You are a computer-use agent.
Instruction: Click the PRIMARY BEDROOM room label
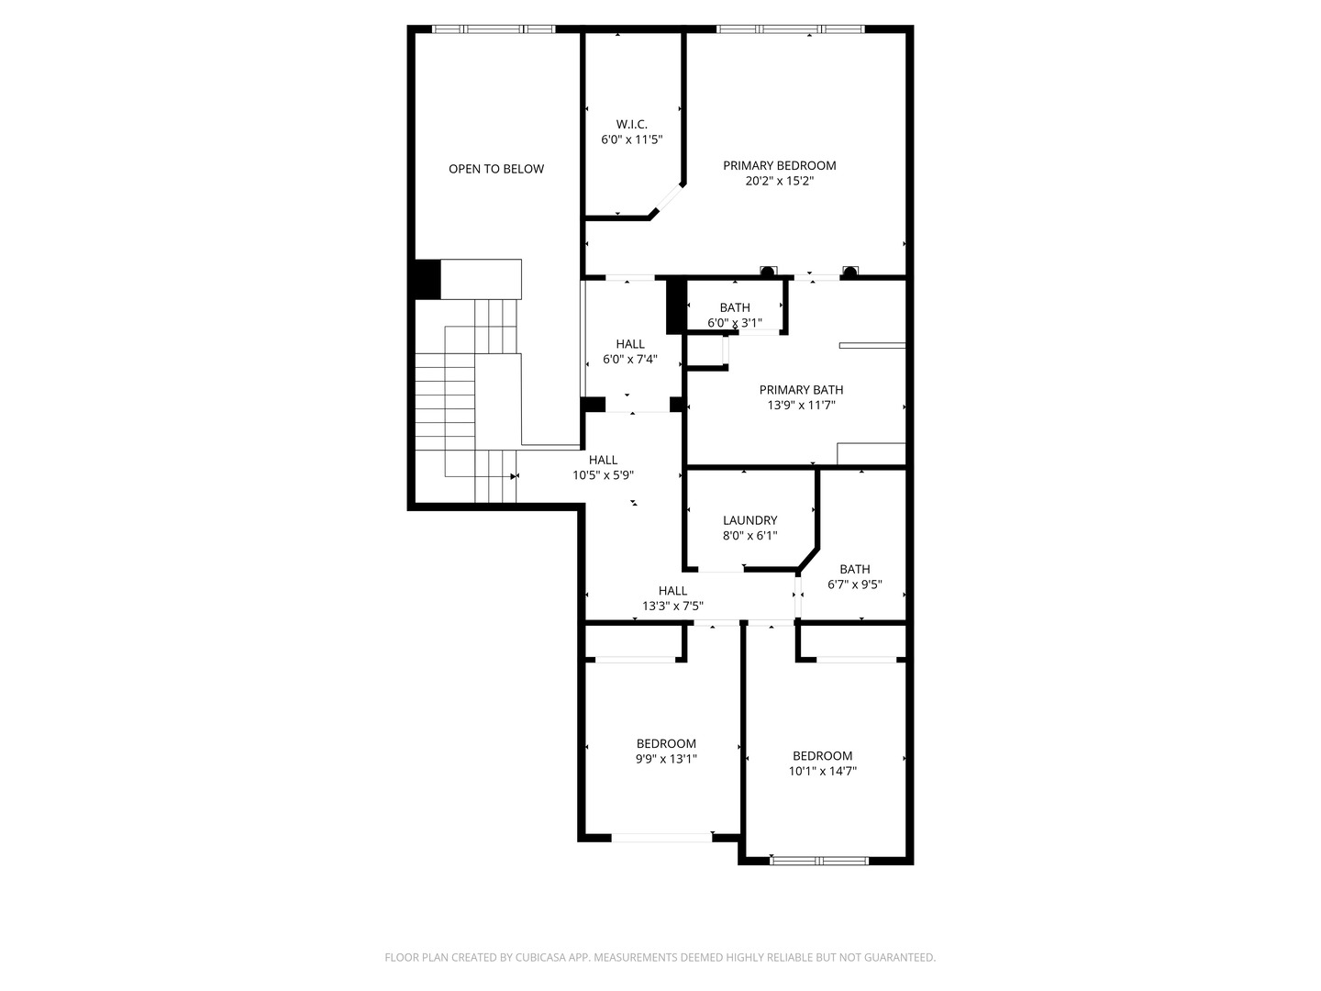click(779, 166)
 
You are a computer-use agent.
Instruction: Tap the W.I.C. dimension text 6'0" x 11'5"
click(631, 139)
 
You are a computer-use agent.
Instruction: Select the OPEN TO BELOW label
click(495, 169)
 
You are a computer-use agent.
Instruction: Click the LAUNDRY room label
click(749, 520)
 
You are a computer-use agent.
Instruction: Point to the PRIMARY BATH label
click(801, 390)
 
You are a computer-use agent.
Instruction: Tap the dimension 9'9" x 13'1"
click(666, 759)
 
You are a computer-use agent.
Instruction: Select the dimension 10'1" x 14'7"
click(822, 772)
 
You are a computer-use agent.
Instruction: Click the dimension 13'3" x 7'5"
click(672, 606)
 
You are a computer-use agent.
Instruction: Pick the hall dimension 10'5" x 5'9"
click(603, 475)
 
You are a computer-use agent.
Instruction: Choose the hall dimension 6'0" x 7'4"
click(629, 360)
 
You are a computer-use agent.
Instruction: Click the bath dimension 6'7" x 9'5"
click(854, 585)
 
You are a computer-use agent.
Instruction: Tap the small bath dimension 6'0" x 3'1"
click(734, 323)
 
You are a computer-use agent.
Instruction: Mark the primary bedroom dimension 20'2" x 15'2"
click(779, 182)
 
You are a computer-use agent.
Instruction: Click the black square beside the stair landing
click(427, 279)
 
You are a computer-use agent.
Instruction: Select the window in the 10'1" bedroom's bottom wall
click(819, 861)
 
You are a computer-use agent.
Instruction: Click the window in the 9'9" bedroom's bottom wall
click(661, 837)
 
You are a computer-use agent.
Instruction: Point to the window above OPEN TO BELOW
click(494, 29)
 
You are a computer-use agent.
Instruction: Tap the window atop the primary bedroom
click(790, 29)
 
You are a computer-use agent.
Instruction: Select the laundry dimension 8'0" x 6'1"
click(749, 536)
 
